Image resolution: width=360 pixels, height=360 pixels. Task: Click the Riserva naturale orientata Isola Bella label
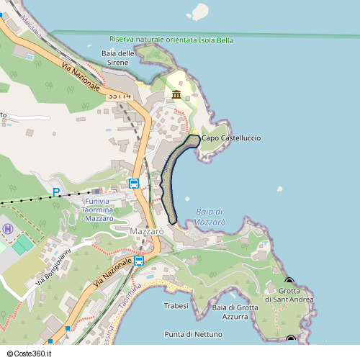171,40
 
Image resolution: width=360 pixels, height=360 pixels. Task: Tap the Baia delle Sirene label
119,58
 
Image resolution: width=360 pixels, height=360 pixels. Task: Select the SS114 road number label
120,95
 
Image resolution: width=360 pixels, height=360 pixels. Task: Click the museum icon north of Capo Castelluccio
176,95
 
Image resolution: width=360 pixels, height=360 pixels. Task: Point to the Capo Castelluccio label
231,138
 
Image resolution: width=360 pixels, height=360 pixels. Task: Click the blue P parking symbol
56,192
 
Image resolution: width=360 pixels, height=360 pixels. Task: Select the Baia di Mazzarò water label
210,217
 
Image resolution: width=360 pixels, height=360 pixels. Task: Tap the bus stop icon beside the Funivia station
134,184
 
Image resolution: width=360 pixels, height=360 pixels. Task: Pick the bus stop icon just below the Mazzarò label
139,260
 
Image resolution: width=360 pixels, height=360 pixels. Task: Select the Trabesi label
176,305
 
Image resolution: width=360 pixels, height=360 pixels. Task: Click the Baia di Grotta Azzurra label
235,312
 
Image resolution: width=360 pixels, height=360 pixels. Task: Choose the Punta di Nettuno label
193,334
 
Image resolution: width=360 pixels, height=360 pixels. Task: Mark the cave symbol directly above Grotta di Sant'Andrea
289,282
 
